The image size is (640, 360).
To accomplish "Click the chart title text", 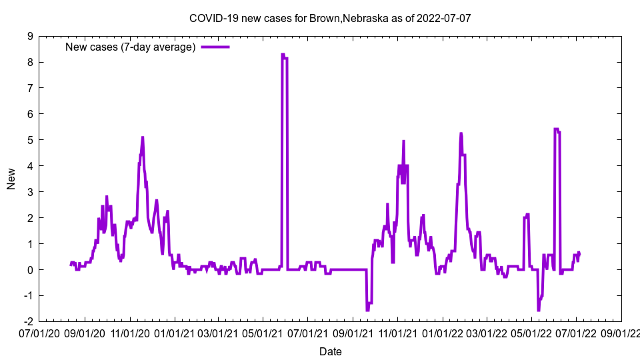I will point(330,18).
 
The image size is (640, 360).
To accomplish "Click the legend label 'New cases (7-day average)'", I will point(130,47).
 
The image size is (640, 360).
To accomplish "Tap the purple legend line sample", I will point(215,47).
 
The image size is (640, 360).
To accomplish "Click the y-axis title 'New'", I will point(11,178).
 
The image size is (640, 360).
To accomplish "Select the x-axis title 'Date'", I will point(330,351).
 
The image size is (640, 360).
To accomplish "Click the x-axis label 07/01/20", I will point(39,332).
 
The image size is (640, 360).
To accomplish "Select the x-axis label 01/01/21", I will point(175,332).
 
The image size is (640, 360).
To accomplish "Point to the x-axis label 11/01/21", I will point(398,332).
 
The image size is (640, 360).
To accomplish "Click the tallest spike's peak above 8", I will point(283,55).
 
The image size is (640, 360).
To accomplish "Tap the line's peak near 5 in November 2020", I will point(143,137).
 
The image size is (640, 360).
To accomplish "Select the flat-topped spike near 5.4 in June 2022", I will point(557,129).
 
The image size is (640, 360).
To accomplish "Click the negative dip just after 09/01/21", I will point(367,310).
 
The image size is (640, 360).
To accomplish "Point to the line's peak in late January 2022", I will point(461,133).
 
